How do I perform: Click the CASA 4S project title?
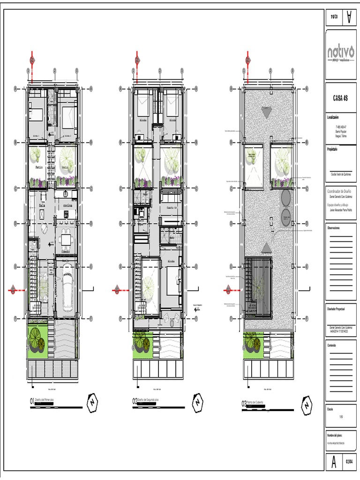340,98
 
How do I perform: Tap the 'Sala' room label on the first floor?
42,205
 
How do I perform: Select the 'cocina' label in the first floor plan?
67,205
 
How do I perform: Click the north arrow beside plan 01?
92,402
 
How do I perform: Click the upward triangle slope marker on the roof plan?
267,247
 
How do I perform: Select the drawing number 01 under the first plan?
32,401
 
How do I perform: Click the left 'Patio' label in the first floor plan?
39,166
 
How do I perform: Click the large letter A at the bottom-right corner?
334,462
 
